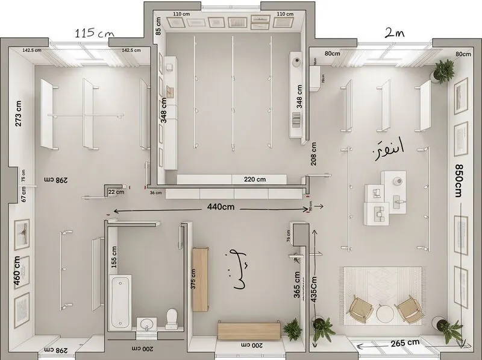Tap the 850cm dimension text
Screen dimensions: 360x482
pos(459,180)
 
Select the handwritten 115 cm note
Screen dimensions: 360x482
pos(95,34)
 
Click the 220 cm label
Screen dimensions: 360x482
pos(254,179)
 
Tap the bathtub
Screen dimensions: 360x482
pos(120,302)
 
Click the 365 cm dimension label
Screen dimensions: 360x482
pos(297,283)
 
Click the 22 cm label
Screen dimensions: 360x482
pos(116,192)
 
